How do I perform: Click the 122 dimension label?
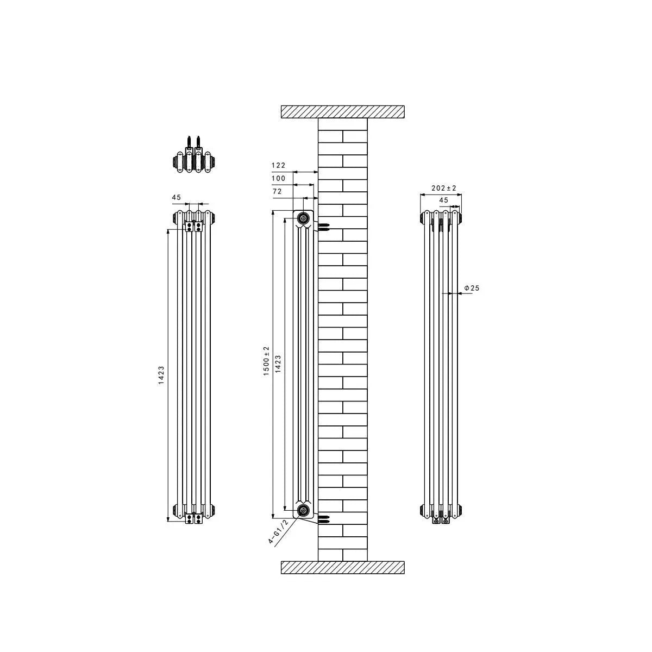[279, 165]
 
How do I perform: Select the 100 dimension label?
[279, 178]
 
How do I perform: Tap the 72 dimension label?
[277, 191]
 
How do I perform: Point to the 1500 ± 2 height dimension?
[266, 361]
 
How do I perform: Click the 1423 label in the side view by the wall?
[278, 363]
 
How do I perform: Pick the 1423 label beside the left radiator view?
[161, 375]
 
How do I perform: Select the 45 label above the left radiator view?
[177, 197]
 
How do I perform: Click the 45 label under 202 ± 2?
[443, 200]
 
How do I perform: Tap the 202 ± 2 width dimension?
[444, 188]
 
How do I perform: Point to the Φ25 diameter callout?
[472, 288]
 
